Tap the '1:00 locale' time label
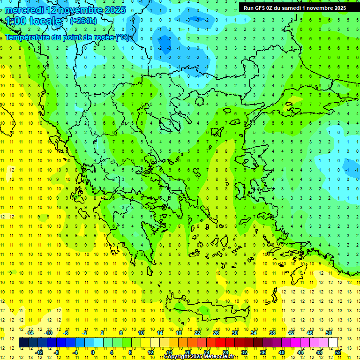tap(33, 22)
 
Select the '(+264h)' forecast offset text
tap(83, 21)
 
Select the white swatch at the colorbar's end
tap(333, 343)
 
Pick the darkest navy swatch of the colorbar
tap(24, 343)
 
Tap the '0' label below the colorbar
tap(93, 352)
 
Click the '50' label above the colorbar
tap(328, 333)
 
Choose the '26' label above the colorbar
tap(216, 333)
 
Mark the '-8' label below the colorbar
tap(57, 352)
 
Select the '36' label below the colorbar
tap(263, 352)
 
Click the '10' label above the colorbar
tap(141, 333)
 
